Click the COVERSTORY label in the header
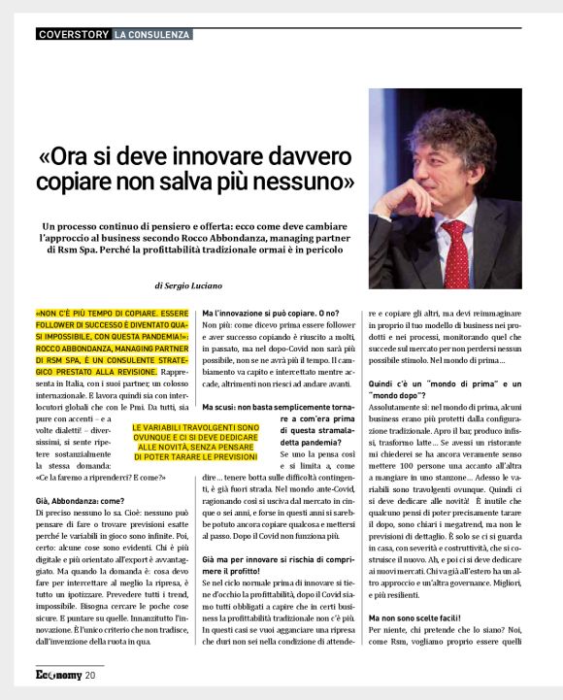pyautogui.click(x=72, y=35)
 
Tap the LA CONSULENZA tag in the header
pyautogui.click(x=150, y=35)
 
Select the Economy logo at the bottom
pyautogui.click(x=57, y=674)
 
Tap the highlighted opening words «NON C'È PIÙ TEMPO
pyautogui.click(x=112, y=315)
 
